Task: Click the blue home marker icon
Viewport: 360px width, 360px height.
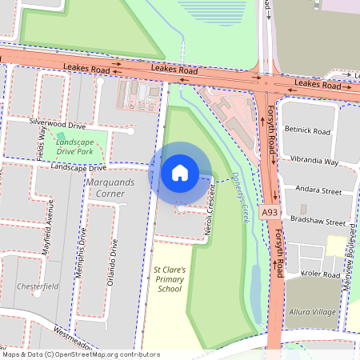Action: (180, 172)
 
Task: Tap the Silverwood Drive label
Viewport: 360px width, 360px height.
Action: (57, 125)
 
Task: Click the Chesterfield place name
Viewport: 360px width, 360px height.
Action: (38, 286)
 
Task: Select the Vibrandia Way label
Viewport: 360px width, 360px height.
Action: (314, 161)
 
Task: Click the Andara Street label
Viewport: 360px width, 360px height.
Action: (318, 191)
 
